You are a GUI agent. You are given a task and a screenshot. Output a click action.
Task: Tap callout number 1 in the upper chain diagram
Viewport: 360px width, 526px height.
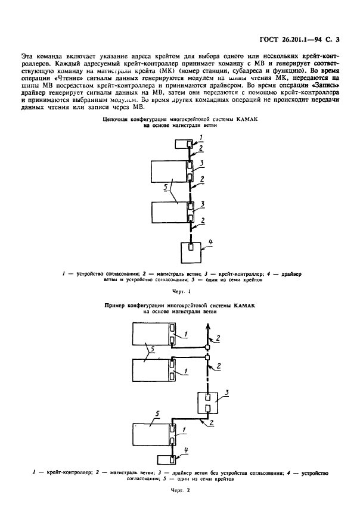click(201, 137)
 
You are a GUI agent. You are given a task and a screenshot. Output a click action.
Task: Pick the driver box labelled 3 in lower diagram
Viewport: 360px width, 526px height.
click(209, 406)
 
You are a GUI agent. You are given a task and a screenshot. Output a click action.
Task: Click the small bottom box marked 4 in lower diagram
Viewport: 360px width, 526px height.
click(165, 460)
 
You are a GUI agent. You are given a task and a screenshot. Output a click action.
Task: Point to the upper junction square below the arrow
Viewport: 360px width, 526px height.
click(208, 347)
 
